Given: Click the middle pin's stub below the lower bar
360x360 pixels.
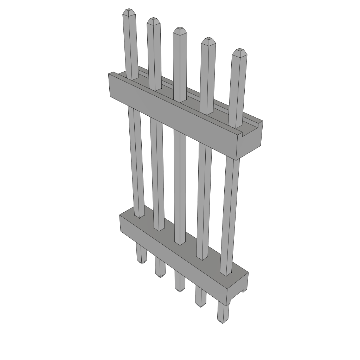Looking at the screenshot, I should coord(180,281).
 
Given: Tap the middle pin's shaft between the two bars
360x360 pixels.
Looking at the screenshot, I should coord(180,183).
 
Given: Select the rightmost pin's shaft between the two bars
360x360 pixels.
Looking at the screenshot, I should coord(230,211).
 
